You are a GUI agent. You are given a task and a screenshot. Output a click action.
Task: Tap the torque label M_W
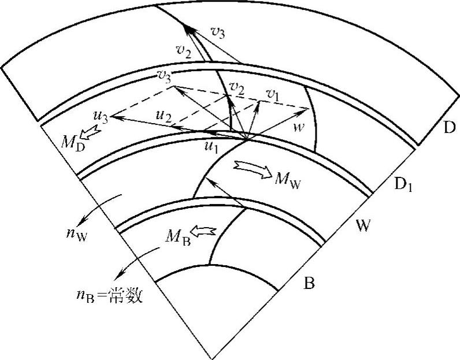pyautogui.click(x=287, y=179)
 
